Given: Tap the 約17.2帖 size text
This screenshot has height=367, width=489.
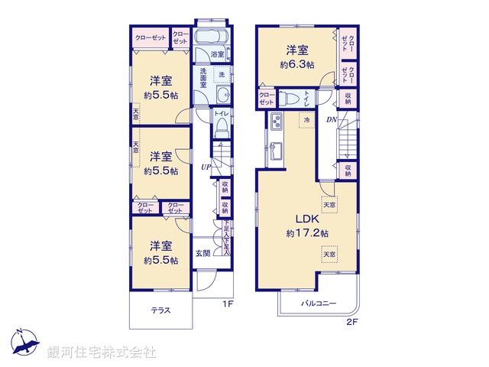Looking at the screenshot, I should pos(307,232).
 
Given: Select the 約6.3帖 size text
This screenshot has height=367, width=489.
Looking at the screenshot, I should pos(297,65).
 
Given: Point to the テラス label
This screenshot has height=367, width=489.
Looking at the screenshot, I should pos(160,310).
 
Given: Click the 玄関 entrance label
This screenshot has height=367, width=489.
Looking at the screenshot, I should pos(202,253).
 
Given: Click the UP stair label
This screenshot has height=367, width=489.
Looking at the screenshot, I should pos(206,167).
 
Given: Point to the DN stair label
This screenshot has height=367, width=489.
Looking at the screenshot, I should pos(332,120).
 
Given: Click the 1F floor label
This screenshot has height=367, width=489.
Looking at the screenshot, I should pos(227,304).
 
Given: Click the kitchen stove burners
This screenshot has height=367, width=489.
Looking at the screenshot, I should pos(276,121).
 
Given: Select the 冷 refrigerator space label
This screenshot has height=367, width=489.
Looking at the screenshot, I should pos(306,121).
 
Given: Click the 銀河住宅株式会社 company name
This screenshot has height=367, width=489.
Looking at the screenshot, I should pos(101,352).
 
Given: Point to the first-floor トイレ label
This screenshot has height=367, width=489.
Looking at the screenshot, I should pos(221,114).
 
